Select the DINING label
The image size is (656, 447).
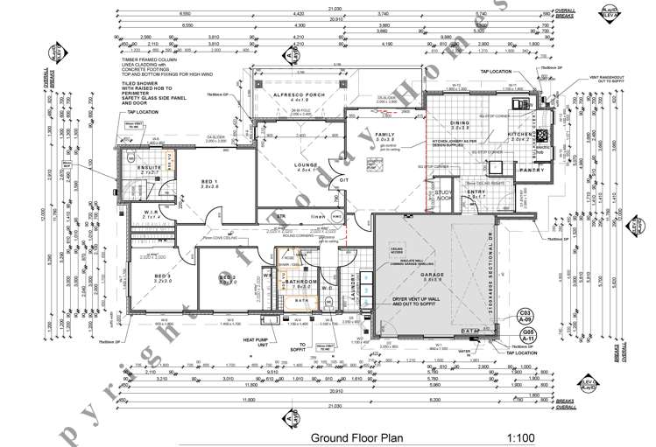(x=460, y=123)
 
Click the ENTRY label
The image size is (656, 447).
(x=476, y=192)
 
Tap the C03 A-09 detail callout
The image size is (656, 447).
(x=526, y=316)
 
